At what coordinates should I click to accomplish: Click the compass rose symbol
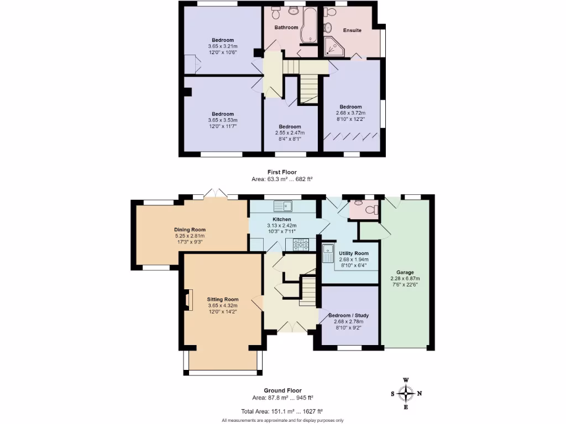pyautogui.click(x=407, y=393)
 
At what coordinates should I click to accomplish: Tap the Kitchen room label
pyautogui.click(x=282, y=219)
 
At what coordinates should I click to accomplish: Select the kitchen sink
pyautogui.click(x=285, y=206)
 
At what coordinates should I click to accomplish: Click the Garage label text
pyautogui.click(x=405, y=272)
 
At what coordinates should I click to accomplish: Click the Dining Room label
pyautogui.click(x=190, y=230)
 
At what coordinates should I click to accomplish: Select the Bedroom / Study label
pyautogui.click(x=348, y=316)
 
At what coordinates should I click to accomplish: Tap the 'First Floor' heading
pyautogui.click(x=282, y=173)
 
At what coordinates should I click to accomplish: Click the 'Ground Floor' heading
pyautogui.click(x=282, y=390)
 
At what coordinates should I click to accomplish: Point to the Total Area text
pyautogui.click(x=282, y=411)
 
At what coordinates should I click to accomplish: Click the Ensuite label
pyautogui.click(x=352, y=30)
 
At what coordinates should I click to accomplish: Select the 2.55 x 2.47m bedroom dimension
pyautogui.click(x=290, y=133)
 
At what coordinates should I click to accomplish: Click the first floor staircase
pyautogui.click(x=308, y=88)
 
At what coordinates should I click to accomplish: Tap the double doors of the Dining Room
pyautogui.click(x=216, y=193)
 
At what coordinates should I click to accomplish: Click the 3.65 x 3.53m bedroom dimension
pyautogui.click(x=223, y=120)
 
